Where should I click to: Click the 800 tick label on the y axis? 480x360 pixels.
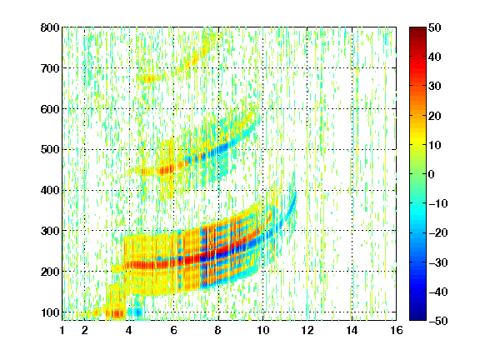50,27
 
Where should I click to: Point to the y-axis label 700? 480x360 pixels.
50,68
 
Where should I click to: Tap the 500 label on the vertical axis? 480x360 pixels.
50,150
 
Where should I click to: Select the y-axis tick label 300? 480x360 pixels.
50,231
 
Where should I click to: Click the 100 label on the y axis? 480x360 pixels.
50,312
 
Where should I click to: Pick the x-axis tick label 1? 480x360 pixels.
62,330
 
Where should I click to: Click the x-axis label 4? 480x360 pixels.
129,330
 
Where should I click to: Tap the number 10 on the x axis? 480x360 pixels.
262,330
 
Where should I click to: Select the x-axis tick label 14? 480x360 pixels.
352,330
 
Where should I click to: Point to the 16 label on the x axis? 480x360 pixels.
397,330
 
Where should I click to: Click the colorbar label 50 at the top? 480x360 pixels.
434,27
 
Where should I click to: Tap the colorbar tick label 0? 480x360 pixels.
432,174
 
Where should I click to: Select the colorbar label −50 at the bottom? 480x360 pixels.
437,321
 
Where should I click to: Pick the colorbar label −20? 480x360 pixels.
437,232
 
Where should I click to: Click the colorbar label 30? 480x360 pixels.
434,87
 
